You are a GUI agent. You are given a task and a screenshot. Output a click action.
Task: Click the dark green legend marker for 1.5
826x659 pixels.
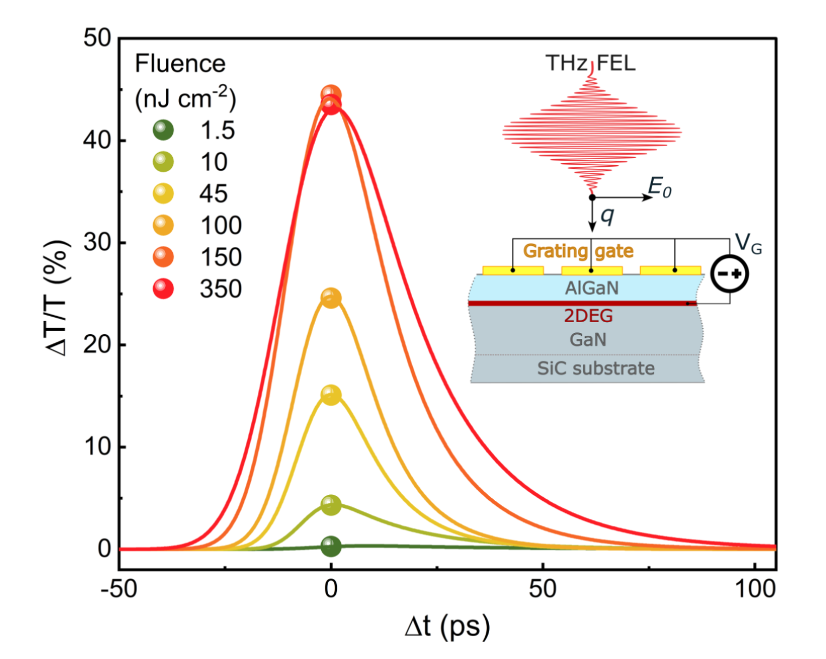[163, 130]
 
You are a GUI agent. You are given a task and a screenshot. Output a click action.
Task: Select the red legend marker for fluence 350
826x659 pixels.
[163, 289]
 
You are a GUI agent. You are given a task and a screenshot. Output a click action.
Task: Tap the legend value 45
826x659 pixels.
[213, 194]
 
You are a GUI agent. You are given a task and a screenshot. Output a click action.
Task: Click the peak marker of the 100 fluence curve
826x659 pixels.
[331, 298]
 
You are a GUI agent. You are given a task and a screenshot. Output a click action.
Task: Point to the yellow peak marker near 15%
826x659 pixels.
[331, 395]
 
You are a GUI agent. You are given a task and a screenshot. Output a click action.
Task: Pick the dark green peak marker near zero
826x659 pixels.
[331, 546]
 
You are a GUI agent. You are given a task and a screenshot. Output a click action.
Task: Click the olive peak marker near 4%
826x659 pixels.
[331, 505]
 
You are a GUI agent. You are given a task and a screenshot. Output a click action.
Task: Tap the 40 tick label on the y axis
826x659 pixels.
[97, 140]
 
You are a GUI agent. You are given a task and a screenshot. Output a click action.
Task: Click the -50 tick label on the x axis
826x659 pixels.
[119, 589]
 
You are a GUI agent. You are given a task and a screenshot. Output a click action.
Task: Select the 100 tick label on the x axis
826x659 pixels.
[755, 589]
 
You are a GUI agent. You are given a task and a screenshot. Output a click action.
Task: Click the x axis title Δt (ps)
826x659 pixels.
[447, 627]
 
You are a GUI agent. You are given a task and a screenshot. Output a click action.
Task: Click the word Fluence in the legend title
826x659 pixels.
[180, 64]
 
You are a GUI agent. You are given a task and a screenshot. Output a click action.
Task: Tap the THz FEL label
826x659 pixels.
[590, 63]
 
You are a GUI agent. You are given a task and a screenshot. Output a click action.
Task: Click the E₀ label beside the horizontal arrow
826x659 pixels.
[660, 188]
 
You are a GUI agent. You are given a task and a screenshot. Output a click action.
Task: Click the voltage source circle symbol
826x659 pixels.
[729, 273]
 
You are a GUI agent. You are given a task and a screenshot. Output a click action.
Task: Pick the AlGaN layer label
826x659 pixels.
[591, 288]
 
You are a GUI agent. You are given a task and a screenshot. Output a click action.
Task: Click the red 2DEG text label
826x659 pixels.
[588, 315]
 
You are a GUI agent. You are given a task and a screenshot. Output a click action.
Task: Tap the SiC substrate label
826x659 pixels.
[596, 368]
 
